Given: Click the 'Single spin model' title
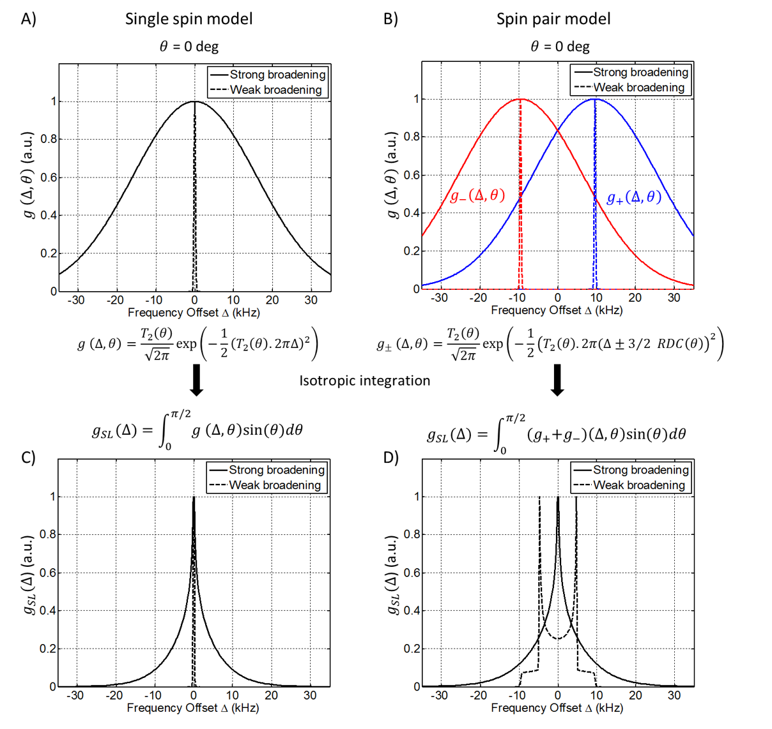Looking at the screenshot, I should (x=189, y=19).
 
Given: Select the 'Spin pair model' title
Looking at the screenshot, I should (x=553, y=19).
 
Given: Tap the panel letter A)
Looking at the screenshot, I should (x=29, y=19).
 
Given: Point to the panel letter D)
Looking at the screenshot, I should (x=391, y=458).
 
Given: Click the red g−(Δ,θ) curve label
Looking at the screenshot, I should (x=477, y=195).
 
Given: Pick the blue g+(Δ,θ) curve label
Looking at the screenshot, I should (x=634, y=197).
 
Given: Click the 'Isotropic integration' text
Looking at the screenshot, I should (x=365, y=380).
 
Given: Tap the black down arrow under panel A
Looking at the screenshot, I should (x=197, y=380).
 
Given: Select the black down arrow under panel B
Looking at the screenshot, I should (x=557, y=380).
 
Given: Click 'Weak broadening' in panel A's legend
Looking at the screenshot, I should (x=275, y=90).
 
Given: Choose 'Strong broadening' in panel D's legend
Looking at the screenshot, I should (x=640, y=470).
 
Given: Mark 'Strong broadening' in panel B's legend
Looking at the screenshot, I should (x=640, y=72).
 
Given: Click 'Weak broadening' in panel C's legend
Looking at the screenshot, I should (x=275, y=485).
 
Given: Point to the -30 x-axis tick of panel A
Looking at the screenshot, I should (x=76, y=300).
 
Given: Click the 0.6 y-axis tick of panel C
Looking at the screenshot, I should (x=49, y=573).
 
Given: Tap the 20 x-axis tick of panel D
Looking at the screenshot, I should (x=635, y=695).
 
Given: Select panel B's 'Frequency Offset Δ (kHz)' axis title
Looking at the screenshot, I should (x=557, y=310).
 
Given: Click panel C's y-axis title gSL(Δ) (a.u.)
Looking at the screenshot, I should (x=29, y=575).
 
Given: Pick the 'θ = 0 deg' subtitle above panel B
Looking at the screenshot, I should (x=560, y=47).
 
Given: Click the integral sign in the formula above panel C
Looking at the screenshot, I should (x=164, y=432).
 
